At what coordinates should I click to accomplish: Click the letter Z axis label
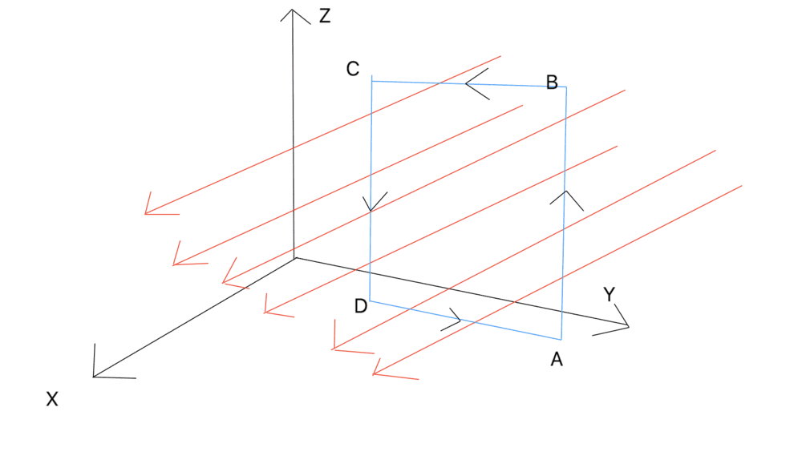[x=324, y=15]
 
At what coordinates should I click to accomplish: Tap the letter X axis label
[x=52, y=399]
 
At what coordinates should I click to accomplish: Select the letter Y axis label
[x=610, y=295]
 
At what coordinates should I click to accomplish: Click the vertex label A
[x=557, y=361]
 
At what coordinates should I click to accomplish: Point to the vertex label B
[x=552, y=82]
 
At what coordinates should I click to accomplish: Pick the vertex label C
[x=353, y=69]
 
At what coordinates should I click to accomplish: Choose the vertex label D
[x=361, y=306]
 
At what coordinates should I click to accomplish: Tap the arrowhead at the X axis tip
[x=95, y=375]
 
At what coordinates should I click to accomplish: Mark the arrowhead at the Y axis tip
[x=626, y=325]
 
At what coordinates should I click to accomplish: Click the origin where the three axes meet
[x=295, y=258]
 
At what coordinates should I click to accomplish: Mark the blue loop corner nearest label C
[x=371, y=79]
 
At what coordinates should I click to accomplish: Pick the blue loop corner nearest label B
[x=567, y=87]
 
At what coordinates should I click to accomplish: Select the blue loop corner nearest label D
[x=369, y=301]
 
